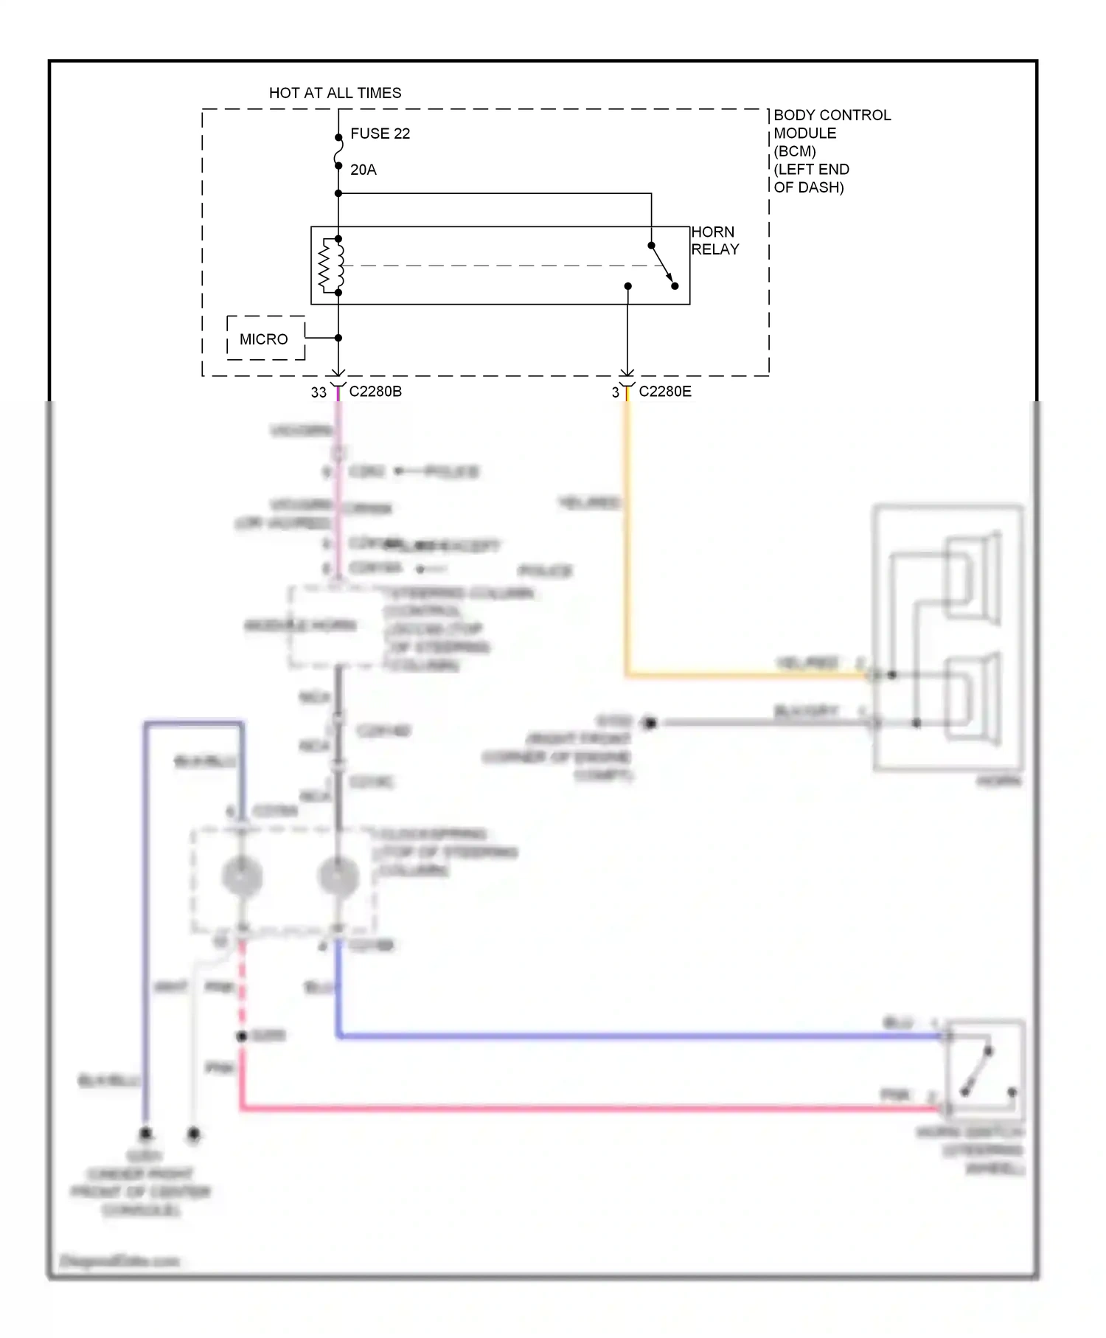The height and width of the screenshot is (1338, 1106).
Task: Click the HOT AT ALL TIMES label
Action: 335,93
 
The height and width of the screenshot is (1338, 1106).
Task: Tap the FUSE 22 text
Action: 380,134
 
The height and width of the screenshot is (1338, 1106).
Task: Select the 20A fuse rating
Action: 363,170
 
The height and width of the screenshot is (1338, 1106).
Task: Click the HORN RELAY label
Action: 714,240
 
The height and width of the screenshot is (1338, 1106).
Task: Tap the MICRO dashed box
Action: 265,339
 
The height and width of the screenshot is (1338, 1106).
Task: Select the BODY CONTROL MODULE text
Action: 831,124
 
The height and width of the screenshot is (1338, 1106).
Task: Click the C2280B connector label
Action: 375,392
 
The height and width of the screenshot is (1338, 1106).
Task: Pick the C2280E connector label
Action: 665,392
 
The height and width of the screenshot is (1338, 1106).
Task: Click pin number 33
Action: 318,392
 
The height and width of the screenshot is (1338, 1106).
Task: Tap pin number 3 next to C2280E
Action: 615,393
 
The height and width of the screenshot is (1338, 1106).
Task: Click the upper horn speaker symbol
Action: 973,579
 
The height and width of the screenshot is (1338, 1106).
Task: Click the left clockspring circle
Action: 242,876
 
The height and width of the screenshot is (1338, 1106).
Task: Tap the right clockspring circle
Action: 338,876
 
